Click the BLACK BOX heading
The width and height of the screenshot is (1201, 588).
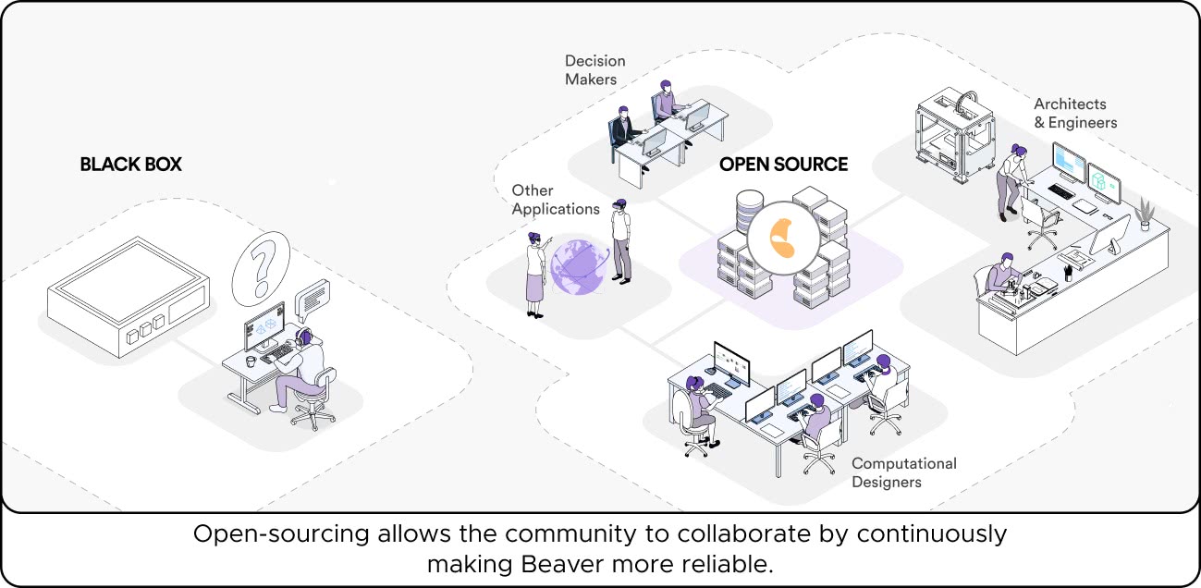[x=130, y=165]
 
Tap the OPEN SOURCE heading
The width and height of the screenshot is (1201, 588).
[x=783, y=165]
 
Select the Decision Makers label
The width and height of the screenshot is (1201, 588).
[x=594, y=69]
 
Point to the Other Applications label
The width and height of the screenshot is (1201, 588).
[x=555, y=200]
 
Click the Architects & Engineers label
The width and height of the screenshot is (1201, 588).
[x=1074, y=113]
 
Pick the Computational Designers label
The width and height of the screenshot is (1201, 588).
[x=903, y=472]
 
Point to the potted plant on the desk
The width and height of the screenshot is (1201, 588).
[x=1147, y=212]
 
